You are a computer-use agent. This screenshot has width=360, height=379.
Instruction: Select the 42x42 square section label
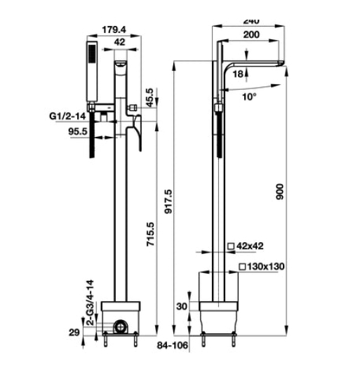(251, 246)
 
